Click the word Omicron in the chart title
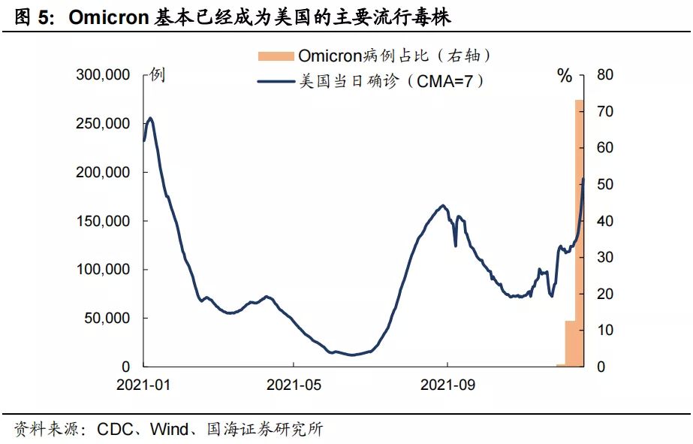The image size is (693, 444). (109, 17)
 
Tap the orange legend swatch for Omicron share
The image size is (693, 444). (276, 56)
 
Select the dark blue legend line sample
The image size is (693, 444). (276, 81)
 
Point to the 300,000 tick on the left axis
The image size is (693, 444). (103, 74)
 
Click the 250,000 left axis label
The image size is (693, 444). (103, 123)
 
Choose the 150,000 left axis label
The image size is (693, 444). (103, 221)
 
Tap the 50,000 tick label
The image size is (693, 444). (107, 318)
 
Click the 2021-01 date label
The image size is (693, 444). (143, 385)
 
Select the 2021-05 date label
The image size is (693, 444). (294, 385)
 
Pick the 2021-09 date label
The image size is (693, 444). (447, 385)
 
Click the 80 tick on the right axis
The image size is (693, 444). (605, 74)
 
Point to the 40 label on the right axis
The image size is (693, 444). (605, 221)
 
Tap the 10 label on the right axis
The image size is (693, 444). (605, 330)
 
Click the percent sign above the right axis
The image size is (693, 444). (565, 76)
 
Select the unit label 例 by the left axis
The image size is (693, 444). (158, 74)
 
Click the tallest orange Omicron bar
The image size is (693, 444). (580, 233)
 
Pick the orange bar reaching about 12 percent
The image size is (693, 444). (570, 343)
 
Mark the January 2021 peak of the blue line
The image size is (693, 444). (150, 118)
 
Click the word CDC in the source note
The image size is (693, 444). (115, 429)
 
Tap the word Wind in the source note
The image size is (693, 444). (169, 429)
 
